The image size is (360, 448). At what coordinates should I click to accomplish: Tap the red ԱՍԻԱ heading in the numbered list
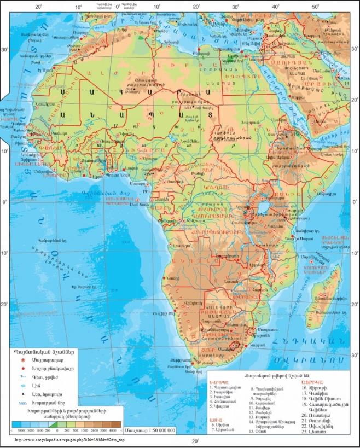pyautogui.click(x=216, y=421)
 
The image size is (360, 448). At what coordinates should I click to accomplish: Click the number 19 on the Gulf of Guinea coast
pyautogui.click(x=144, y=192)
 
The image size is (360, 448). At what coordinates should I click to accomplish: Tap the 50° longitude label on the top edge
pyautogui.click(x=316, y=7)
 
